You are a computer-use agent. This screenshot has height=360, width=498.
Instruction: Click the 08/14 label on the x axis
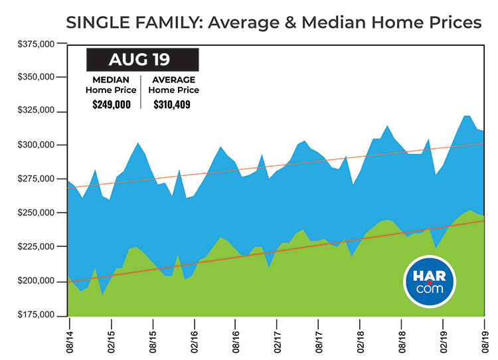pos(68,336)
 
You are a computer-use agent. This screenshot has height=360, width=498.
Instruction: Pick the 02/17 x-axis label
pos(278,336)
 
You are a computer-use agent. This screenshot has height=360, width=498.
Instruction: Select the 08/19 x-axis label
pos(485,336)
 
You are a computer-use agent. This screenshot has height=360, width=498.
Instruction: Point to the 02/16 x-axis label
pos(194,336)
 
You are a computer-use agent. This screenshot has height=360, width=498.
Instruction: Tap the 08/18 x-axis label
pos(402,336)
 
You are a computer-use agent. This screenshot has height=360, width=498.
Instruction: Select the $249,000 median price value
pos(112,104)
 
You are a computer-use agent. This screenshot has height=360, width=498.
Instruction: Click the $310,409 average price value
pos(172,104)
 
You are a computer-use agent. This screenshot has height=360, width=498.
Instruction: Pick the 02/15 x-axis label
pos(111,336)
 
